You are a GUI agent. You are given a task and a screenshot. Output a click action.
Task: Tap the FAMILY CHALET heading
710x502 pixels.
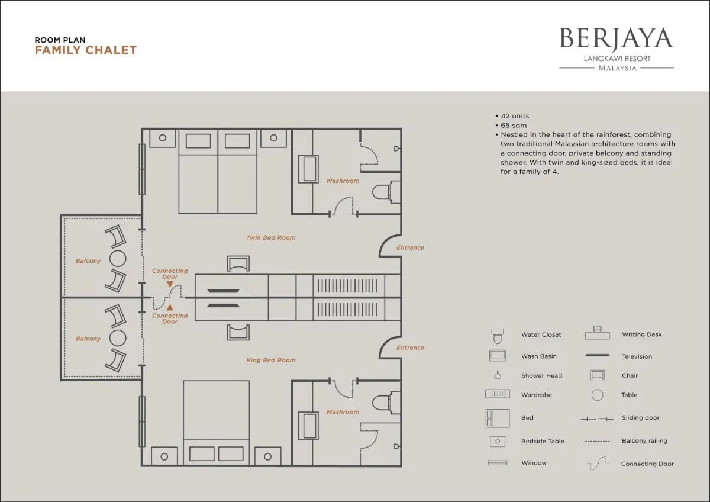pos(86,50)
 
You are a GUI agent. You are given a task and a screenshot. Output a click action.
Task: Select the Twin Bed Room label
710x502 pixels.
pos(271,237)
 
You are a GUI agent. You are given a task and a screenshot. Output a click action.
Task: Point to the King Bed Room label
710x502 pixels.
pos(271,360)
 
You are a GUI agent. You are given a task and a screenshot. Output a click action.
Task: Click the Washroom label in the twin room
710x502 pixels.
pos(343,181)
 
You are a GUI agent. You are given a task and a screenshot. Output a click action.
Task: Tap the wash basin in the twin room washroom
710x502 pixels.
pos(308,169)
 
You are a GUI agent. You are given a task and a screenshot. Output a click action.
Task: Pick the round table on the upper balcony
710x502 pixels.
pos(118,259)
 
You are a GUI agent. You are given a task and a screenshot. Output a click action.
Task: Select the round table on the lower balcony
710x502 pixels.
pos(118,338)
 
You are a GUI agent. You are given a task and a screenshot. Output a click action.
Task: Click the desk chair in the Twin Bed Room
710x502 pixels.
pos(238,263)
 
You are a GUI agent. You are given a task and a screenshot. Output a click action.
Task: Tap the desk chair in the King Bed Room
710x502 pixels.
pos(238,332)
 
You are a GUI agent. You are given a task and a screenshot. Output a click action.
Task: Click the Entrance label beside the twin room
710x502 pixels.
pos(410,247)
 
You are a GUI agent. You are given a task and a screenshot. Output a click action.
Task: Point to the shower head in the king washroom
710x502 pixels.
pos(396,446)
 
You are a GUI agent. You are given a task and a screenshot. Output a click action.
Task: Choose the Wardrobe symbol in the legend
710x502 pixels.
pos(498,394)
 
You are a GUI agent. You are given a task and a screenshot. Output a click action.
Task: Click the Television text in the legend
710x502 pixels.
pos(637,356)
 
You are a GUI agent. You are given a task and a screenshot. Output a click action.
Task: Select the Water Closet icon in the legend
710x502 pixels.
pos(498,336)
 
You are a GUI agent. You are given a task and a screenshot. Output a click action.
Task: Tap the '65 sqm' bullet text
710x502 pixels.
pos(514,125)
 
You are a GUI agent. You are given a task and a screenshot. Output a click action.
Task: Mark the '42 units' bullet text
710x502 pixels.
pos(515,116)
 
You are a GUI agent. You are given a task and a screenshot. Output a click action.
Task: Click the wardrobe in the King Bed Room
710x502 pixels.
pos(348,309)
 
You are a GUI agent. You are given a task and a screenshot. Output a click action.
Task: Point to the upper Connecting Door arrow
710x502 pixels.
pos(170,284)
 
